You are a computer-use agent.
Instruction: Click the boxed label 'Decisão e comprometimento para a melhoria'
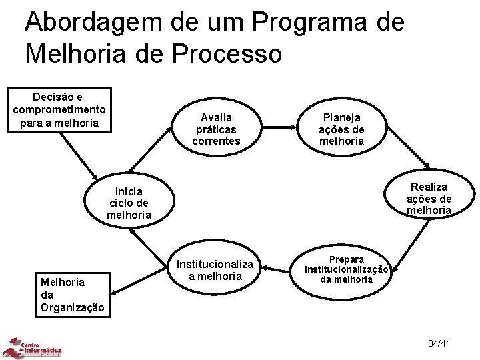[59, 109]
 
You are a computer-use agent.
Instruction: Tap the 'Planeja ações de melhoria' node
[341, 129]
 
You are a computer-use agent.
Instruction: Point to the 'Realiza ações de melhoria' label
[430, 199]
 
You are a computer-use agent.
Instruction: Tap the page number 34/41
[441, 343]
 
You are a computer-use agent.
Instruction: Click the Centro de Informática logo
[33, 347]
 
